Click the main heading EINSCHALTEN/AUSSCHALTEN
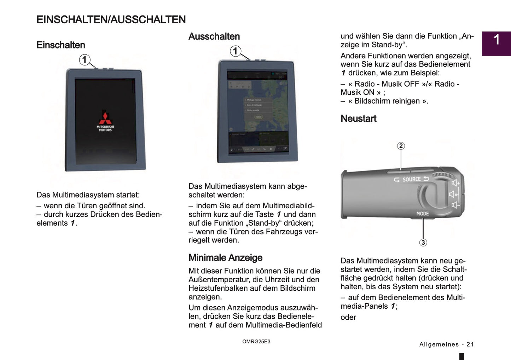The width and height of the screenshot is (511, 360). tap(111, 19)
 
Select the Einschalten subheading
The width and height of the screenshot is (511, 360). tap(61, 45)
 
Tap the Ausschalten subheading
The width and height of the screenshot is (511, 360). tap(214, 36)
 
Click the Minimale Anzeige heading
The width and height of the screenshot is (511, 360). tap(225, 258)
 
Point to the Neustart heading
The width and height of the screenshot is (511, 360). tap(358, 118)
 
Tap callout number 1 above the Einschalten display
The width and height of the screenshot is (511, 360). tap(84, 60)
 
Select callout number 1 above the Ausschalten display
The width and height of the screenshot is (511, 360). tap(236, 51)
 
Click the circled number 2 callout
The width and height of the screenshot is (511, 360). tap(401, 146)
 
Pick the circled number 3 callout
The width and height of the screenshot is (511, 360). tap(423, 243)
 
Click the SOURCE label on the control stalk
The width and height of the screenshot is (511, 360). tap(412, 179)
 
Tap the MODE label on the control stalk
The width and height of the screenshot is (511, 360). tap(423, 214)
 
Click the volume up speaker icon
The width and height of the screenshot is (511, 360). tap(455, 183)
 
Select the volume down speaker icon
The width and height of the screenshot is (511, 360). tap(455, 205)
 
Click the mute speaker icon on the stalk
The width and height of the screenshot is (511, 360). tap(453, 194)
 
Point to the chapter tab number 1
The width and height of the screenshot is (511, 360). tap(497, 40)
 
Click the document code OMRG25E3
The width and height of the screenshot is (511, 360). tap(256, 342)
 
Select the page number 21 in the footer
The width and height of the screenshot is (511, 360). tap(470, 344)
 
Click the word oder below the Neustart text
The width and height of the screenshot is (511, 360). tap(348, 317)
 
